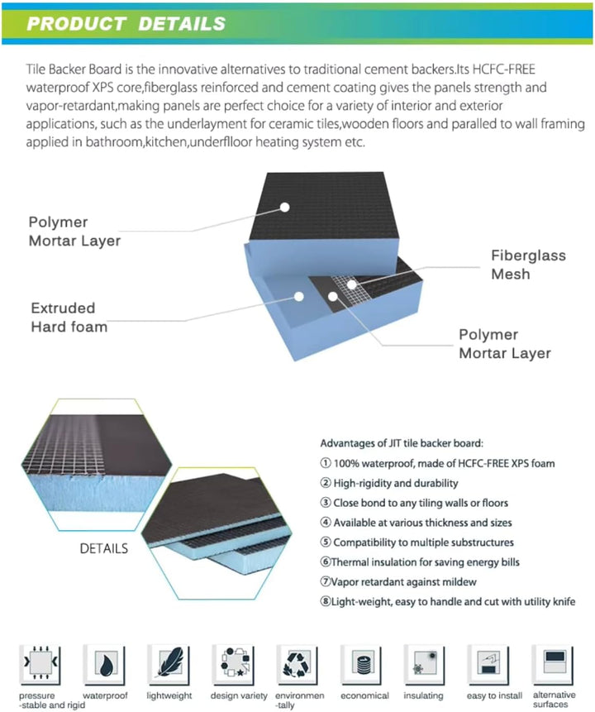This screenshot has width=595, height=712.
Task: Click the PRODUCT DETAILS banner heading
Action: point(126,24)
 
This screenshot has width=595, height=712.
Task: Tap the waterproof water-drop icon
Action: point(105,663)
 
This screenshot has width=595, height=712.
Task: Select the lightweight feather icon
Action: point(169,663)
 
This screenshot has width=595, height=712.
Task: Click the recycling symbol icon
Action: point(297,663)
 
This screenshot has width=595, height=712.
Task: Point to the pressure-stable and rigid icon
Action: point(40,663)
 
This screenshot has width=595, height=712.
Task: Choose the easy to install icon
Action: point(489,663)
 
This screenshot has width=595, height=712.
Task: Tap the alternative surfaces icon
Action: point(554,663)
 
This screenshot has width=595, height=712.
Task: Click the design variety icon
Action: point(234,663)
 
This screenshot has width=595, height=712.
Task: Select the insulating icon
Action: point(425,663)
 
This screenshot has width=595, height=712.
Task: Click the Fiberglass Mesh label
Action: point(528,265)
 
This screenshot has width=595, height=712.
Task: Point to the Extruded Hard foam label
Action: point(69,317)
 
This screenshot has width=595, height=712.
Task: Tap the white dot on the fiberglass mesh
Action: point(352,284)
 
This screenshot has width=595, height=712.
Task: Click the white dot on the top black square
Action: point(284,207)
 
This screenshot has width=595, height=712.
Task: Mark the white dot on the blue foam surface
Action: point(298,297)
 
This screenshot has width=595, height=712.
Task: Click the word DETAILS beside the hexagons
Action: point(104,548)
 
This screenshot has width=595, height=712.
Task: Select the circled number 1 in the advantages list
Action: point(326,463)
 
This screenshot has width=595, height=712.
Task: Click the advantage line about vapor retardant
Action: point(398,581)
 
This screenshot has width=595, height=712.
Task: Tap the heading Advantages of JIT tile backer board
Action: point(402,443)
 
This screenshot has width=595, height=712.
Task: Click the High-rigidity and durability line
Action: point(389,483)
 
